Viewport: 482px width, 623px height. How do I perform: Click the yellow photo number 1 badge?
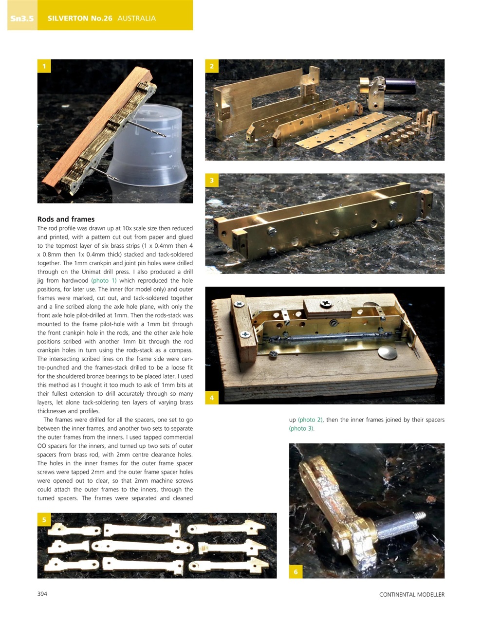pyautogui.click(x=44, y=66)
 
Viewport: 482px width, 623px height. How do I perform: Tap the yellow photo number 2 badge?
pyautogui.click(x=212, y=66)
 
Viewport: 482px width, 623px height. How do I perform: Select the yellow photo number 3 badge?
pyautogui.click(x=212, y=181)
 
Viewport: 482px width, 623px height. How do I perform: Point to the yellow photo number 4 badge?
pyautogui.click(x=212, y=398)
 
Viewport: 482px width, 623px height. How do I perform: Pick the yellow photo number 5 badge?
pyautogui.click(x=44, y=520)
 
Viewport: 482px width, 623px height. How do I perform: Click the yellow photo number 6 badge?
pyautogui.click(x=296, y=571)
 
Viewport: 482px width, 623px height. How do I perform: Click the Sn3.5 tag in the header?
pyautogui.click(x=22, y=18)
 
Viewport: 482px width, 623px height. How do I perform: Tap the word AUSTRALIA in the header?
pyautogui.click(x=136, y=18)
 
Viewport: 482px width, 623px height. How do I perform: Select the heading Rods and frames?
pyautogui.click(x=66, y=219)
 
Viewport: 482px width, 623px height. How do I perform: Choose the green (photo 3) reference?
pyautogui.click(x=301, y=428)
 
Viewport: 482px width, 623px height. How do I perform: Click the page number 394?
pyautogui.click(x=42, y=594)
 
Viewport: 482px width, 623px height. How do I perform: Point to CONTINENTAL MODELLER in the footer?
pyautogui.click(x=411, y=594)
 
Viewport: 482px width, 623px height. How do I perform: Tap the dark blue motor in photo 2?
pyautogui.click(x=402, y=84)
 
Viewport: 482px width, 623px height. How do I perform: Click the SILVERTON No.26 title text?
pyautogui.click(x=80, y=18)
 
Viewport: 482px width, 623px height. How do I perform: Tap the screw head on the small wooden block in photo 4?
pyautogui.click(x=325, y=304)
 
